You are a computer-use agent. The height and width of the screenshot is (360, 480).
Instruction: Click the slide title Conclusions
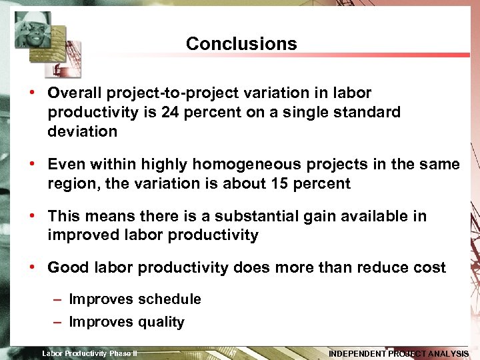coord(241,44)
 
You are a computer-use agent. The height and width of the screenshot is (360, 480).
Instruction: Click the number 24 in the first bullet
coord(171,112)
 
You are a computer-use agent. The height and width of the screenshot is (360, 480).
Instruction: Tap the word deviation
coord(82,131)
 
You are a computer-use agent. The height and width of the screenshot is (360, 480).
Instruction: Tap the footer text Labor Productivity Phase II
coord(89,353)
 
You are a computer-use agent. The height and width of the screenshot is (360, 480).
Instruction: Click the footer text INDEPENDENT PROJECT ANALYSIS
coord(399,354)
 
